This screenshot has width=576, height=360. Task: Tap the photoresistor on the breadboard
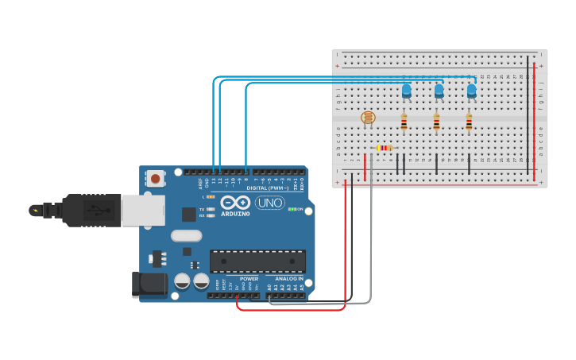pos(367,118)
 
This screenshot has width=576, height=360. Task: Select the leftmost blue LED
pos(406,91)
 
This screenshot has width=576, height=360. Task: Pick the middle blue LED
pos(439,91)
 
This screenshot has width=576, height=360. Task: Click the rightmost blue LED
pos(471,91)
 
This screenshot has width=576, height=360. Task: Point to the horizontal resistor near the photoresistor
pos(385,147)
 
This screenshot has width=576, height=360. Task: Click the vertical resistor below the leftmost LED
pos(404,122)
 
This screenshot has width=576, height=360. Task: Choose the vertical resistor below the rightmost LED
pos(469,122)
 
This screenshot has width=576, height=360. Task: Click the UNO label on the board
pos(269,203)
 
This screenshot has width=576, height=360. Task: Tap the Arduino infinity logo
pos(235,202)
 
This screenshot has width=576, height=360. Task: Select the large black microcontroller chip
pos(257,261)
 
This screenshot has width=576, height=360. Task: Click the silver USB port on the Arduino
pos(143,211)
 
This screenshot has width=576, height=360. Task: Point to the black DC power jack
pos(149,285)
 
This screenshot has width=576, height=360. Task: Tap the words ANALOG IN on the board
pos(289,279)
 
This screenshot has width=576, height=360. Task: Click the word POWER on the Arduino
pos(249,279)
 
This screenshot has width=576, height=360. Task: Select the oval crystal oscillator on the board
pos(186,235)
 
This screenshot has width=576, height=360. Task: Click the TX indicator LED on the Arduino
pos(211,209)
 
